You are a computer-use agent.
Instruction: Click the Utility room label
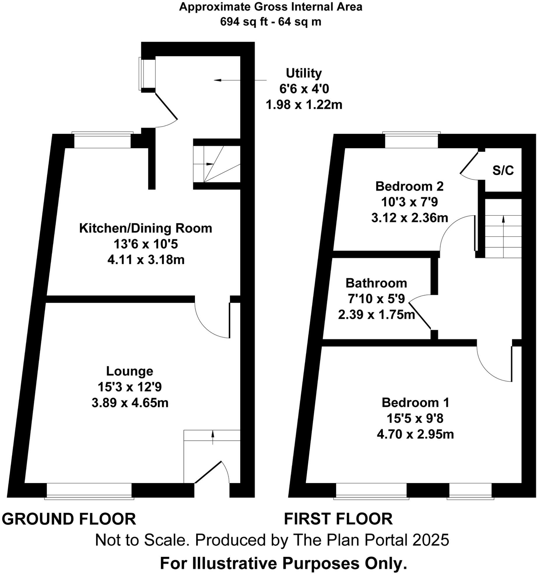(304, 73)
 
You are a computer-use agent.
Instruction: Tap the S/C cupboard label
(503, 170)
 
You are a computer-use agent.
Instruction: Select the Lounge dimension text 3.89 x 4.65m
(130, 403)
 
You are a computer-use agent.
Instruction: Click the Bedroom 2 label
(409, 186)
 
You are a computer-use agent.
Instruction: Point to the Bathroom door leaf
(420, 316)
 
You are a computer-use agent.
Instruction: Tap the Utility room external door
(166, 106)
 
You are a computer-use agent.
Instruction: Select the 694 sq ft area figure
(243, 22)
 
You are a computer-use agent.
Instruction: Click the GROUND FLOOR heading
(69, 519)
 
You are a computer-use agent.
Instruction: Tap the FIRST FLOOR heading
(338, 519)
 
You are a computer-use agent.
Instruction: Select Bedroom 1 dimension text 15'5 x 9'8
(415, 419)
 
